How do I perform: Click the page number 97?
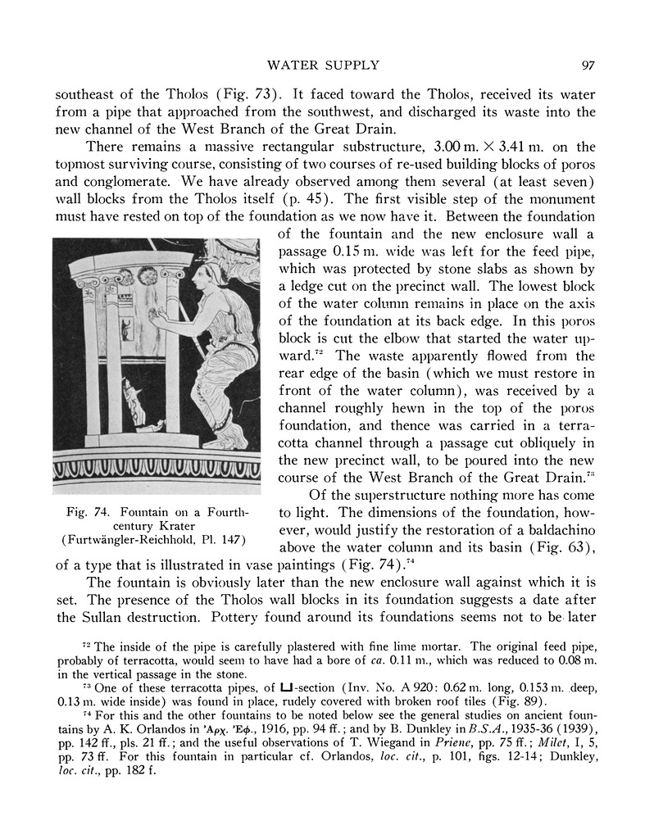point(586,66)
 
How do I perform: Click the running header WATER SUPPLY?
point(322,66)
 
